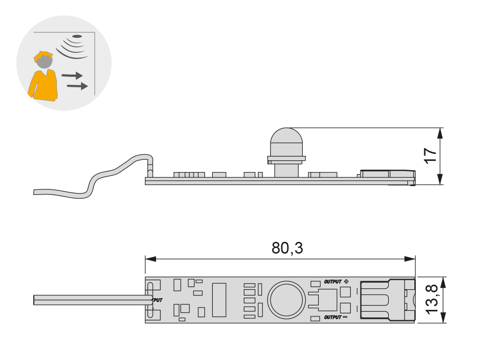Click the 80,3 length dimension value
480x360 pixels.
287,248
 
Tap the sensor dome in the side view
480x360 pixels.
286,141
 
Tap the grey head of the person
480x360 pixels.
45,61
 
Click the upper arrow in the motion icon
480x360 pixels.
73,75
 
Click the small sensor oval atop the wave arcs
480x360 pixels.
78,36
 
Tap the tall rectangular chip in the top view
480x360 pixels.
219,300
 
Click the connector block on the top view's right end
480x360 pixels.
387,300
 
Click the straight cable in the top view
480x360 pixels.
89,300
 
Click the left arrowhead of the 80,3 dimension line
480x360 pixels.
150,259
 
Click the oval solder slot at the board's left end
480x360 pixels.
150,300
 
